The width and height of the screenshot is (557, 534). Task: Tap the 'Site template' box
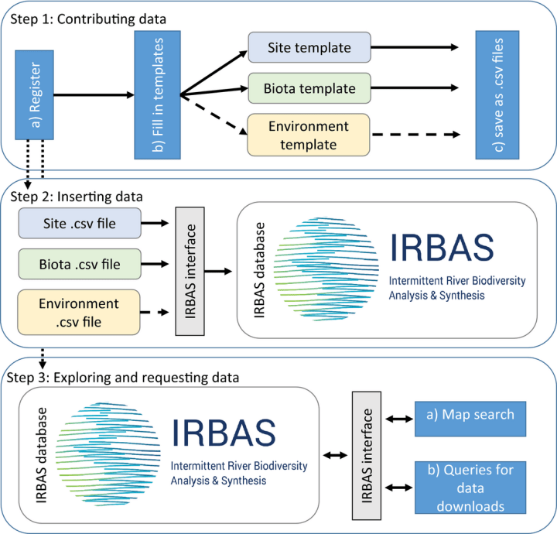tap(309, 49)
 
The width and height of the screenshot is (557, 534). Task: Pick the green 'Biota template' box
tap(309, 89)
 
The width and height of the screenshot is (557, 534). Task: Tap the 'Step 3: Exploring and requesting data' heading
tap(128, 379)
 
